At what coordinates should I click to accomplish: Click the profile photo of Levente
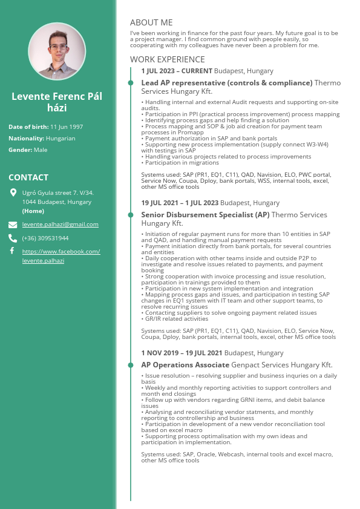57,51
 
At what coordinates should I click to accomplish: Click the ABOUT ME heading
151,22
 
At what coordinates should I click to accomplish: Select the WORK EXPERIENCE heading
168,59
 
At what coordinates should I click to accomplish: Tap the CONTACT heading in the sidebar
28,177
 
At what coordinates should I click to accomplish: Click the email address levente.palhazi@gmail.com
60,224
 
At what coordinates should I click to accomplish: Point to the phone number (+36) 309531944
45,238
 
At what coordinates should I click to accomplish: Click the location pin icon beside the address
13,192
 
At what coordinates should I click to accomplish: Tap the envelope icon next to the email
13,224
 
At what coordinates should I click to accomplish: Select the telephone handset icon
13,238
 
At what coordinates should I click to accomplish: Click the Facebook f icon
13,251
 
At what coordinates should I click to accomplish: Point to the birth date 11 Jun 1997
67,126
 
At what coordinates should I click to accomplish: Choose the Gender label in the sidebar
20,149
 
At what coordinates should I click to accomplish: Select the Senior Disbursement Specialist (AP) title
205,215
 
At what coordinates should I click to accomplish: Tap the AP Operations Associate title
185,365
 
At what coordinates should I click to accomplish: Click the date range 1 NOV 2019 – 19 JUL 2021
182,353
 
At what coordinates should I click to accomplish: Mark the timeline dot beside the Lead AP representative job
130,83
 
